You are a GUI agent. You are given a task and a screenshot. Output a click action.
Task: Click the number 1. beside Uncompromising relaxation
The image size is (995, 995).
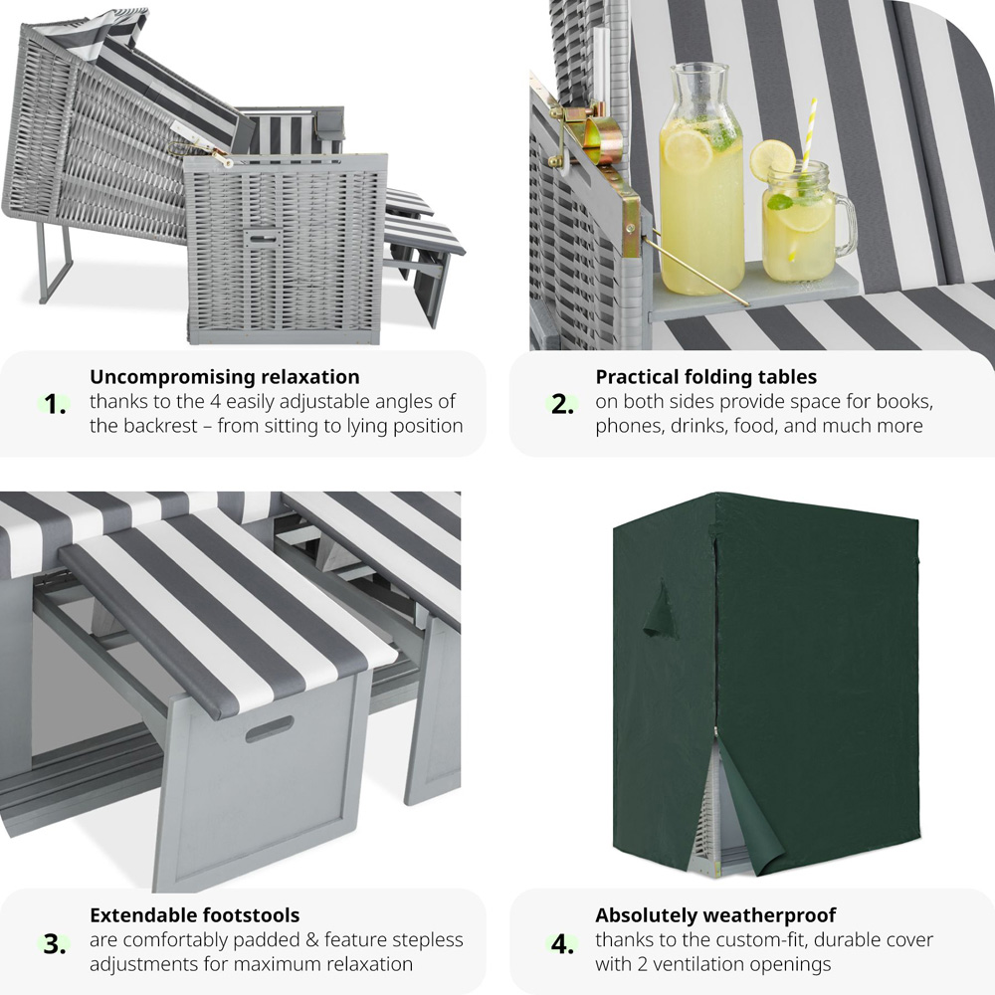56,404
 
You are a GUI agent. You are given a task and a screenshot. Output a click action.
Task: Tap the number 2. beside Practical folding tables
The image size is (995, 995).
562,404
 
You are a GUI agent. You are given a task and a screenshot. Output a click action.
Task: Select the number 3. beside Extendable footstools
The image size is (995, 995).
55,944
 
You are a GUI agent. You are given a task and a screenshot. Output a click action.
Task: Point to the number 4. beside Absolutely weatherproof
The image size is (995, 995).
562,944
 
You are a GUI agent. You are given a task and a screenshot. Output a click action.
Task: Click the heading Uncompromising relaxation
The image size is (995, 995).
225,377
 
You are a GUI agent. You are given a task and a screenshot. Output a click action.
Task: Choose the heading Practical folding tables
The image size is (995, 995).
705,377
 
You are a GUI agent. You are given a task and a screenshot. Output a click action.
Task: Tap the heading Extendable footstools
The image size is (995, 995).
195,915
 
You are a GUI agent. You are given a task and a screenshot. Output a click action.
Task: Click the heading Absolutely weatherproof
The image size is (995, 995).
715,915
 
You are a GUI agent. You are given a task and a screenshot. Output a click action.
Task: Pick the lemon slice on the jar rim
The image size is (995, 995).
772,160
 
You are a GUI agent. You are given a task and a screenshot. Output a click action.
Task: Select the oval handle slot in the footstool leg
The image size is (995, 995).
269,729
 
